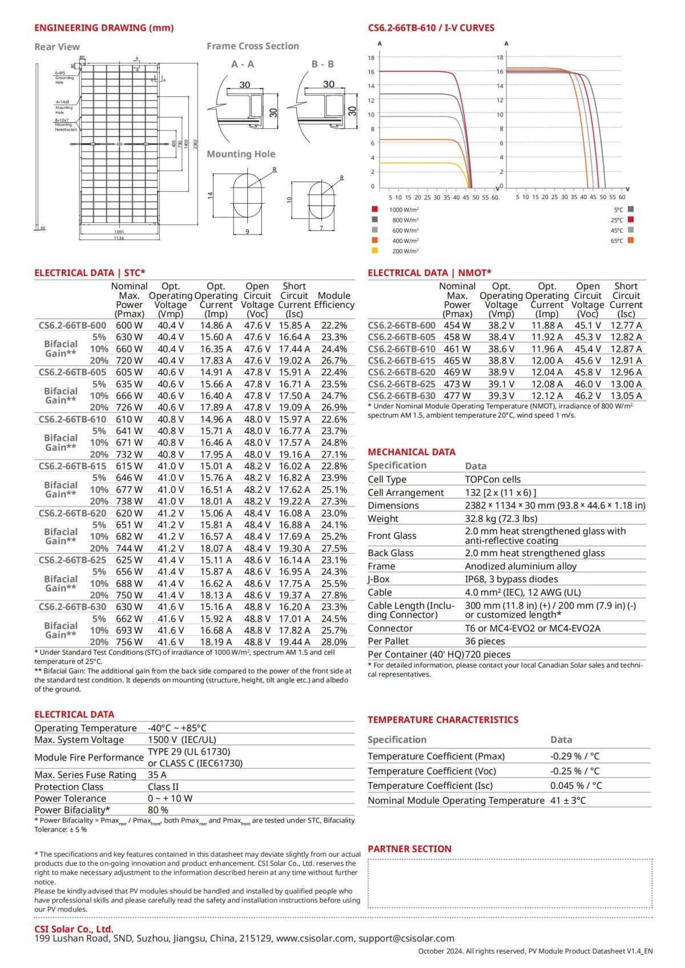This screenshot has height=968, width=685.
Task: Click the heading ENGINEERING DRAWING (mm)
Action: [x=104, y=28]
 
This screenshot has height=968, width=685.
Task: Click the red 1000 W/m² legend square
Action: [x=374, y=209]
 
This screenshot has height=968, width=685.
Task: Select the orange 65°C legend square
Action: [x=631, y=241]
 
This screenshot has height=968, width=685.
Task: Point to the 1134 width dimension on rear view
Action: [x=119, y=238]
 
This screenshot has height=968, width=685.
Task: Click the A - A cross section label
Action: [x=243, y=64]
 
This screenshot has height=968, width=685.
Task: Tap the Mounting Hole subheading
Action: [x=241, y=154]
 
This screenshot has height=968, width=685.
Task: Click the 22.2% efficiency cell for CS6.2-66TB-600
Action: [x=334, y=325]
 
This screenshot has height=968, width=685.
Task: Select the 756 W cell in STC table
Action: [x=130, y=642]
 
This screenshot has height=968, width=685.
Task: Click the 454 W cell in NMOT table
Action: [x=457, y=325]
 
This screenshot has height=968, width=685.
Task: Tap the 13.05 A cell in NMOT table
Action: [x=626, y=395]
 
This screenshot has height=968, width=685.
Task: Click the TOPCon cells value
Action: [x=493, y=479]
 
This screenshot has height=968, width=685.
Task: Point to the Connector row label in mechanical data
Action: [x=390, y=628]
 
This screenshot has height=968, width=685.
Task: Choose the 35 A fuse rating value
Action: [x=157, y=775]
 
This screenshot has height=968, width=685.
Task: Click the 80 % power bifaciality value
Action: [x=158, y=810]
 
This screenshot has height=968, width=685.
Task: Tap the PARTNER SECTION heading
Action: [x=409, y=849]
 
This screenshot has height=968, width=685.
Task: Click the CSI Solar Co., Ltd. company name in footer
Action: [x=74, y=929]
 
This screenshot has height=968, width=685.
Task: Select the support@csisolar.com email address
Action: [x=406, y=938]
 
